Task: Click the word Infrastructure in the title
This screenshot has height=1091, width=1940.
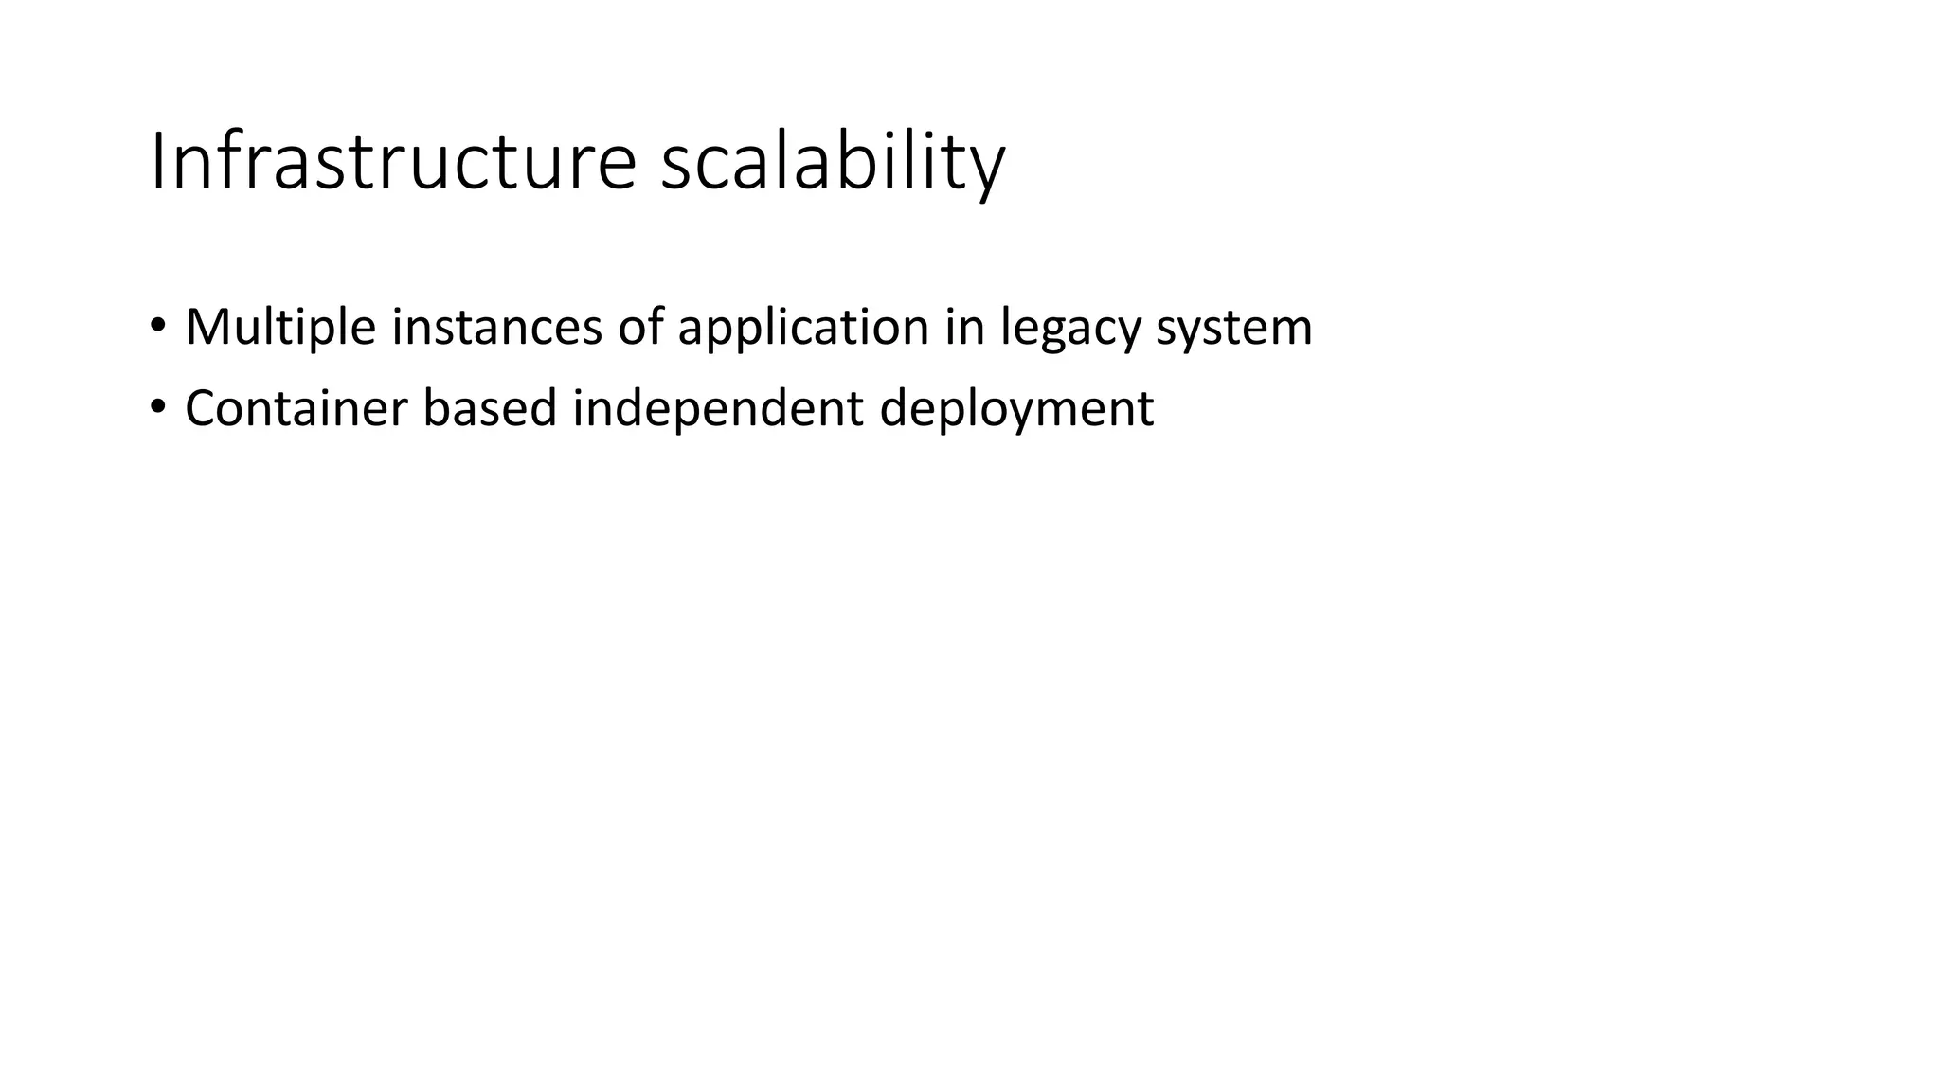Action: (x=393, y=162)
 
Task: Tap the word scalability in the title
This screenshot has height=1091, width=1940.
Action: (x=832, y=162)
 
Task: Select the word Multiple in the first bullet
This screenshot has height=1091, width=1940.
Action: (x=280, y=328)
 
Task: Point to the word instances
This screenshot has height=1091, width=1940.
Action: (x=496, y=328)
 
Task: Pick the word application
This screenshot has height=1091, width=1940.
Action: (x=803, y=328)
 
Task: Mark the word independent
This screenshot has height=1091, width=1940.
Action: (x=718, y=409)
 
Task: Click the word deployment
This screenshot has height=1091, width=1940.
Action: (x=1016, y=409)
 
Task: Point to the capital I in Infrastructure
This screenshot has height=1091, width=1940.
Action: (x=157, y=162)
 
